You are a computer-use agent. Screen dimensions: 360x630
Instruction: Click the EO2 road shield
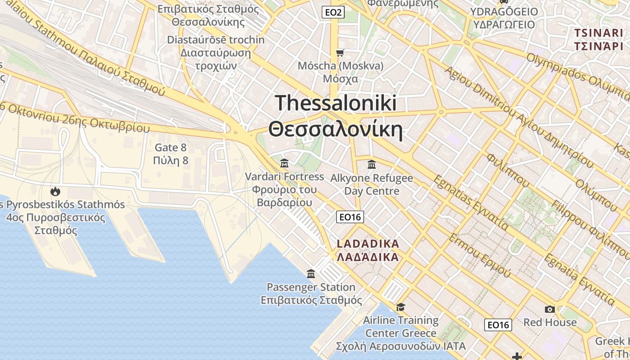[x=333, y=12]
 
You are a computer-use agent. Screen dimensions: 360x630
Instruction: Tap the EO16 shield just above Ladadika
[x=350, y=217]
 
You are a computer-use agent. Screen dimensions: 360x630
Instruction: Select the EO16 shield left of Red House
[x=498, y=324]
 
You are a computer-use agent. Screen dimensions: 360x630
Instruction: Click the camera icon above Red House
[x=549, y=309]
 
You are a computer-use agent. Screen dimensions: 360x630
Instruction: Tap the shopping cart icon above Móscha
[x=340, y=53]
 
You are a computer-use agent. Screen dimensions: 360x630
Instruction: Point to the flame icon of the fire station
[x=55, y=191]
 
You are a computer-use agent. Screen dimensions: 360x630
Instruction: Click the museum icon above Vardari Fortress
[x=284, y=163]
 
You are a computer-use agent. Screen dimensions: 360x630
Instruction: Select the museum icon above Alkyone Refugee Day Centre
[x=371, y=164]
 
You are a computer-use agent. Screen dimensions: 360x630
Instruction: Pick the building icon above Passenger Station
[x=310, y=274]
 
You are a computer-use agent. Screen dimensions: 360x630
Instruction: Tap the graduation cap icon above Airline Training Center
[x=400, y=307]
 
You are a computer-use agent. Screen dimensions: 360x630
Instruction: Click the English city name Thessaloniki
[x=336, y=103]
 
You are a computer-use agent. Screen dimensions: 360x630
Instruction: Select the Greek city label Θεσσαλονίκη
[x=335, y=129]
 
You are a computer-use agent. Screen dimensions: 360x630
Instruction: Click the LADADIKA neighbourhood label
[x=368, y=244]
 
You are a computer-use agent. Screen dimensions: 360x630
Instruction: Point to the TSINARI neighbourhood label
[x=598, y=33]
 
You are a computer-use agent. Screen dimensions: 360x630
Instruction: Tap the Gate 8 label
[x=171, y=147]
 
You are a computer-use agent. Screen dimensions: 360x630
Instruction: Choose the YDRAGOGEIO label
[x=504, y=11]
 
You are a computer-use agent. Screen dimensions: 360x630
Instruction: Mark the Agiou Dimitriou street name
[x=477, y=90]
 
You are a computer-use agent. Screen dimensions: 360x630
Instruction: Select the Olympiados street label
[x=558, y=67]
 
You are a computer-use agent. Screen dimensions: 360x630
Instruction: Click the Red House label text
[x=549, y=322]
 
